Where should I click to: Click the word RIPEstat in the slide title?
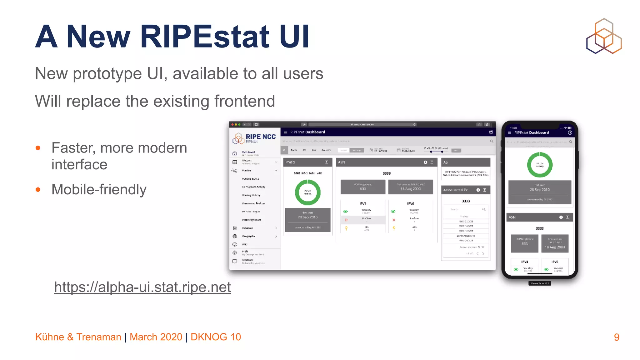(x=205, y=37)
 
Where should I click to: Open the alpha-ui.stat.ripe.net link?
(x=142, y=287)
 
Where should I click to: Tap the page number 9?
(x=616, y=337)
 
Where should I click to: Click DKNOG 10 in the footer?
(x=216, y=337)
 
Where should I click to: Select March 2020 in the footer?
(x=156, y=337)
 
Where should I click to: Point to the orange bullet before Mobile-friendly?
(x=38, y=189)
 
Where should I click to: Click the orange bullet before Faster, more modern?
(x=38, y=148)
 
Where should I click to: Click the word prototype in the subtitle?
(x=107, y=74)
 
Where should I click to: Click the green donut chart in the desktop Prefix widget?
(x=307, y=192)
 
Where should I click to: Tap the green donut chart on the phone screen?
(x=540, y=165)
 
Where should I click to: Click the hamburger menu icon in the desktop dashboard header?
(x=285, y=132)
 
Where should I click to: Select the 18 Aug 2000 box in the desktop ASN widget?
(x=410, y=187)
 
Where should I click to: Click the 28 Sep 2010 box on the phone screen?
(x=540, y=189)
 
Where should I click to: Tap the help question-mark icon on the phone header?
(x=570, y=133)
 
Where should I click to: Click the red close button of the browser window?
(x=232, y=124)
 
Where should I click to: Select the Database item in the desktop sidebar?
(x=247, y=228)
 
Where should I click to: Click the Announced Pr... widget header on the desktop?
(x=456, y=190)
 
